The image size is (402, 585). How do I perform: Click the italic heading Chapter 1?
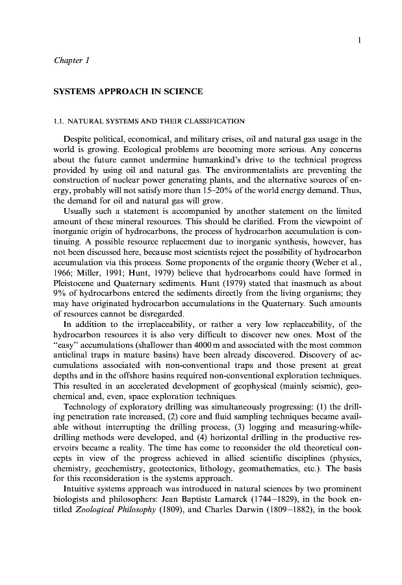click(x=71, y=60)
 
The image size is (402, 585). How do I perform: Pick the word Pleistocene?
click(x=77, y=266)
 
